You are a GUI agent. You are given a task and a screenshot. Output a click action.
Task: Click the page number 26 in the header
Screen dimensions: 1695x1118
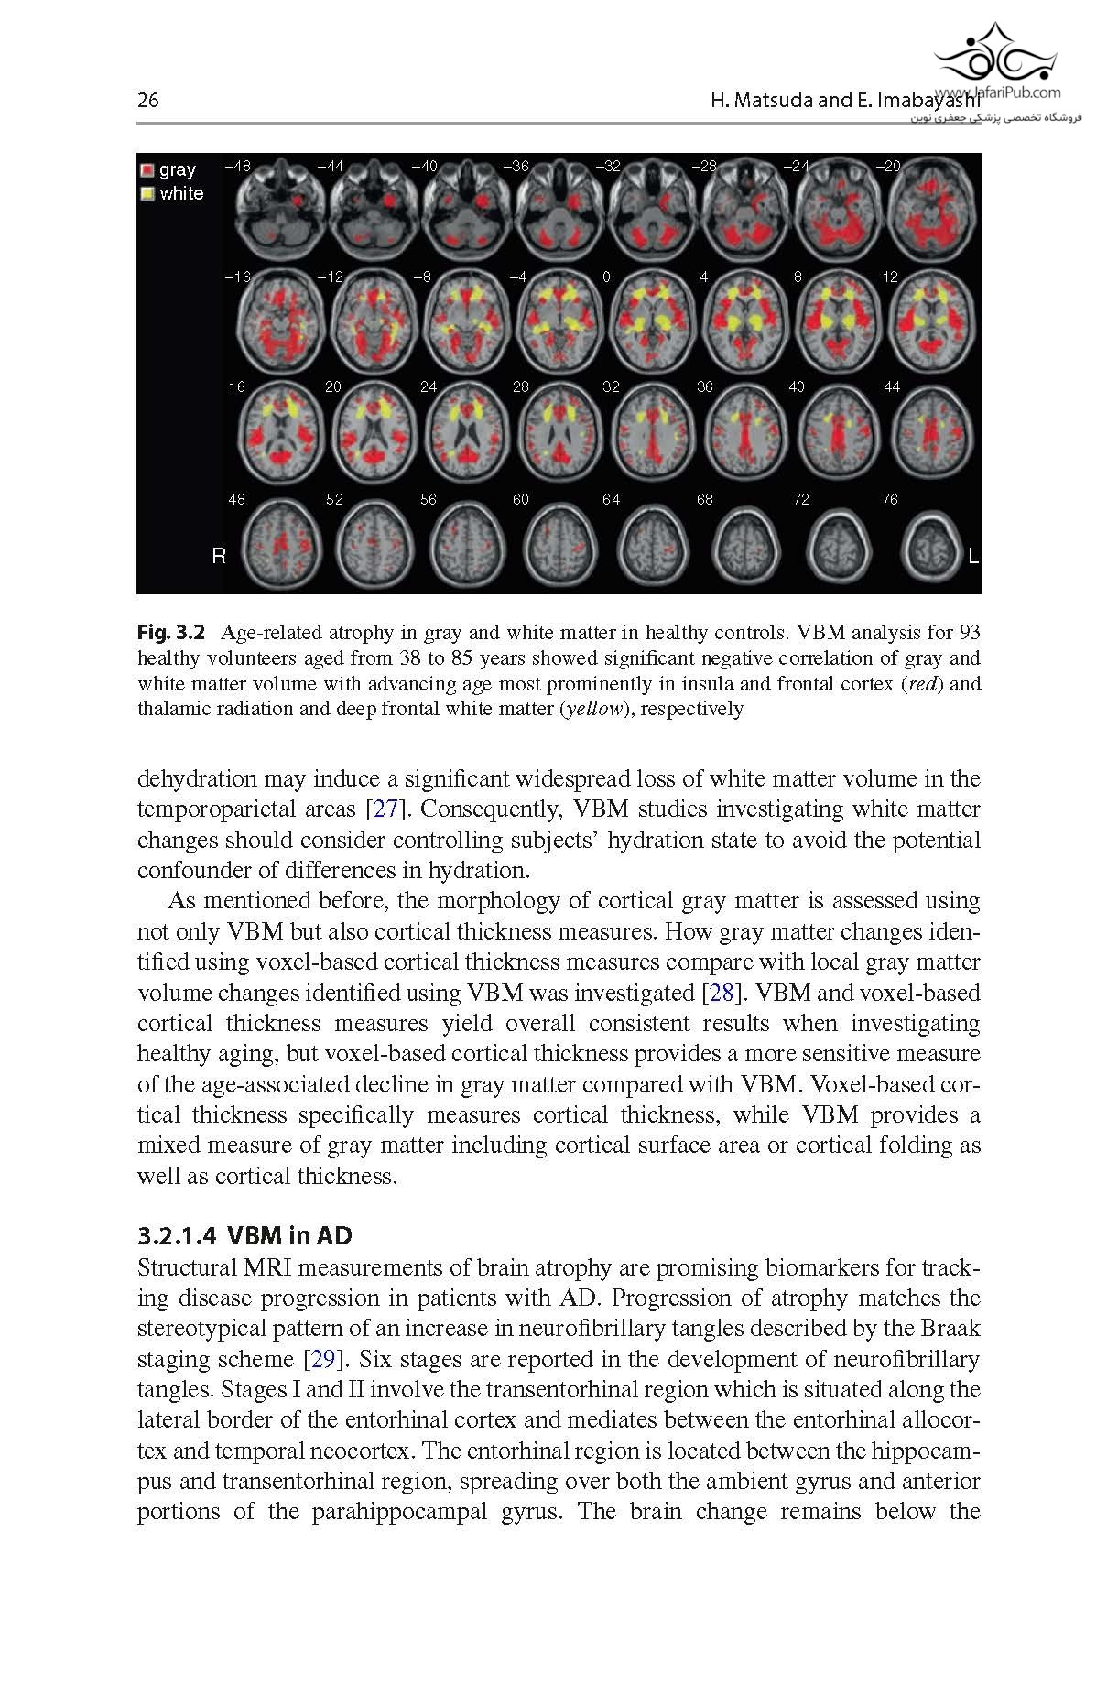[x=147, y=101]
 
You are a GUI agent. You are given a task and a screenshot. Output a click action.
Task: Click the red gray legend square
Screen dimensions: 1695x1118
[x=147, y=170]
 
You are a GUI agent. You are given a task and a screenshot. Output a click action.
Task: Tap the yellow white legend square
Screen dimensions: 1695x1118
[x=147, y=194]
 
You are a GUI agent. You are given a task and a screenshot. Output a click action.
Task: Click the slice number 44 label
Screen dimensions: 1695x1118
[x=892, y=387]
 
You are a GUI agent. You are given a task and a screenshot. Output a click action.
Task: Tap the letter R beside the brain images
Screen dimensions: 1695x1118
[x=218, y=556]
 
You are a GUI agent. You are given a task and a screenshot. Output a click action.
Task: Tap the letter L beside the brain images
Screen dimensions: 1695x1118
[x=972, y=556]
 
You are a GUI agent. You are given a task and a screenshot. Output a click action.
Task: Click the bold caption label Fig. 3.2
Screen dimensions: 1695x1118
[x=173, y=633]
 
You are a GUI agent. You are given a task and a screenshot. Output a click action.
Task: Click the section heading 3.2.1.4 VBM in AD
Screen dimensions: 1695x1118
[x=244, y=1236]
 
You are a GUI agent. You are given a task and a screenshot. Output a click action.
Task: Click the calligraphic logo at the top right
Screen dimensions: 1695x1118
[x=993, y=55]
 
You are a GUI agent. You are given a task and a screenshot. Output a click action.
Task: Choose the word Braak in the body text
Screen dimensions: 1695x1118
[x=952, y=1330]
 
